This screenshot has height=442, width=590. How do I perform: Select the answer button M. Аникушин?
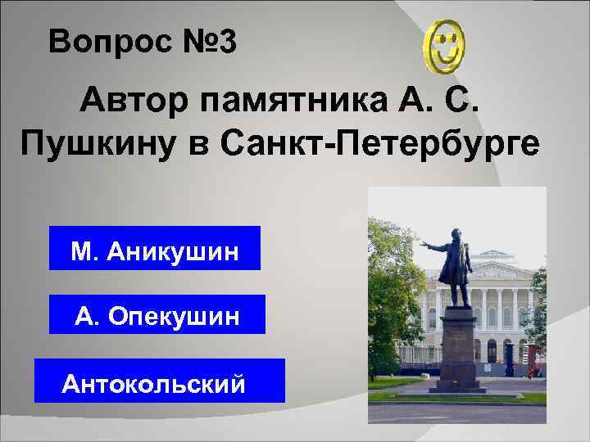(x=155, y=249)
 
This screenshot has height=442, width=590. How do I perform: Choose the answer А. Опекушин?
(x=157, y=314)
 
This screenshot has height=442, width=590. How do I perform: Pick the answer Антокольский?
(x=159, y=381)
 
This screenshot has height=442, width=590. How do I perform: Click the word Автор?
(x=132, y=105)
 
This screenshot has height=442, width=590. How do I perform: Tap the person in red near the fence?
(x=530, y=372)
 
